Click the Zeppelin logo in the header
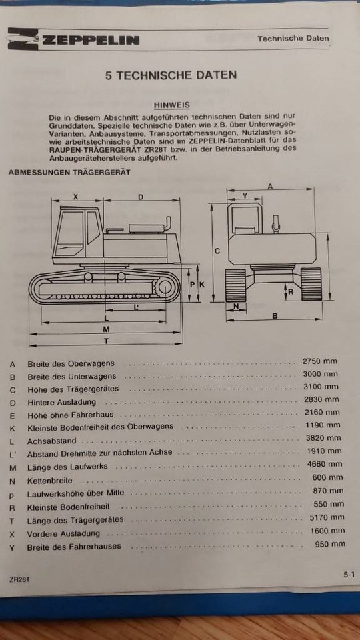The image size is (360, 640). click(x=74, y=40)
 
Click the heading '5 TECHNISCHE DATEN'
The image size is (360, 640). click(x=171, y=75)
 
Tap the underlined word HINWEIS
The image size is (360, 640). click(x=172, y=105)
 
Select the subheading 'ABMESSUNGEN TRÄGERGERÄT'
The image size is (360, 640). click(x=69, y=172)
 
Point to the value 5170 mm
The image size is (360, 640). click(x=325, y=517)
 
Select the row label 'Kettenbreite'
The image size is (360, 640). click(x=50, y=481)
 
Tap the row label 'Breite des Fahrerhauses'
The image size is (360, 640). click(x=74, y=547)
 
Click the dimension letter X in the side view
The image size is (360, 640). click(x=75, y=197)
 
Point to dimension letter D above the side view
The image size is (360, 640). click(x=141, y=197)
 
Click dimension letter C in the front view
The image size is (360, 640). click(x=217, y=251)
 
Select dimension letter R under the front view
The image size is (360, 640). click(x=291, y=291)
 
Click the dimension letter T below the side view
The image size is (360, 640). click(x=106, y=341)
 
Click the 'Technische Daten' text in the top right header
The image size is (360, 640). click(x=293, y=39)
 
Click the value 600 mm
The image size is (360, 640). click(x=327, y=477)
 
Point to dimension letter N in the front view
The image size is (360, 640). click(x=236, y=307)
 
